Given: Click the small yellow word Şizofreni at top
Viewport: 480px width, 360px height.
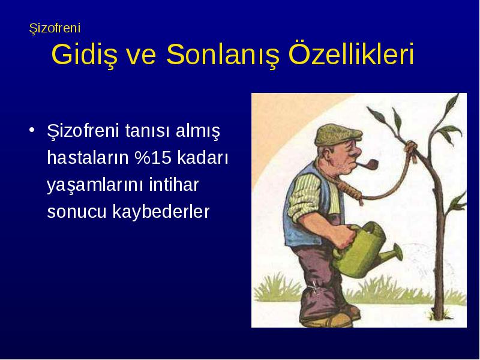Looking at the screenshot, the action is [x=55, y=28].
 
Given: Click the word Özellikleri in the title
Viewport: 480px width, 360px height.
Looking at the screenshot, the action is [x=351, y=53].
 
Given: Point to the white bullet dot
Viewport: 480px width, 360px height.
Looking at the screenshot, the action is [x=32, y=130].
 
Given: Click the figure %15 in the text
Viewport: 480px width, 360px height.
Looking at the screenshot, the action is [x=153, y=157].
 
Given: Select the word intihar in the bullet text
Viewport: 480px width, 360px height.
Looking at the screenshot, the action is [x=174, y=184].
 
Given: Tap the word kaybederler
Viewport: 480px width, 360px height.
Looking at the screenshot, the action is [x=161, y=211].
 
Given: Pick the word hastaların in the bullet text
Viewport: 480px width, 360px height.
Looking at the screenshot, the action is [x=88, y=157].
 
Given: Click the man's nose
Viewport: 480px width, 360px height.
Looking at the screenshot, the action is [x=356, y=152].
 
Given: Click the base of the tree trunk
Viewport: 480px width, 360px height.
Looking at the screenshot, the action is [x=439, y=316].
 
